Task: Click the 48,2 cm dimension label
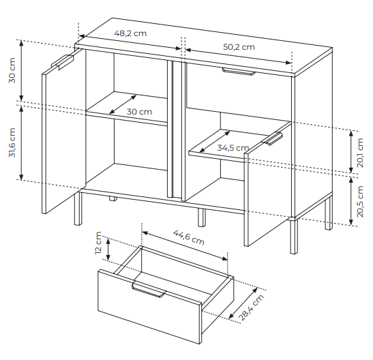coord(130,33)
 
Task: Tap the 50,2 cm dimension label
coord(239,47)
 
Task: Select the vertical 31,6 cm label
coord(12,142)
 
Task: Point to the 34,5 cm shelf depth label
coord(233,148)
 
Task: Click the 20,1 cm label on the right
coord(360,153)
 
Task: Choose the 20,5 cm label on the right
coord(360,201)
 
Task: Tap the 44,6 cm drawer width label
coord(189,237)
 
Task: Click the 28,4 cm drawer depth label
coord(251,307)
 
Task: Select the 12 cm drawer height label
coord(98,243)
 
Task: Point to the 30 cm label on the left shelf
coord(139,112)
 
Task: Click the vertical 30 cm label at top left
coord(12,70)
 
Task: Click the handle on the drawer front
coord(149,289)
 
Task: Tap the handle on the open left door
coord(62,61)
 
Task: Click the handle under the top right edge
coord(239,72)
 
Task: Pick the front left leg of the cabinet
coord(78,209)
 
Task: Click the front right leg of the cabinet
coord(294,236)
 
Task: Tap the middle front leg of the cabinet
coord(202,217)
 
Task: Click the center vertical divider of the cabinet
coord(176,130)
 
